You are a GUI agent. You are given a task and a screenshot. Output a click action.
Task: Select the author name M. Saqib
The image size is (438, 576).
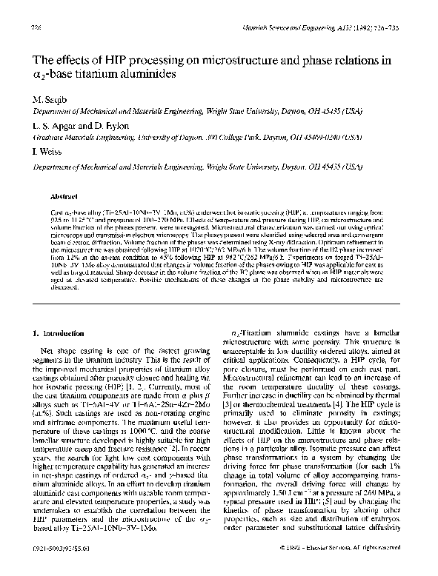pos(45,98)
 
